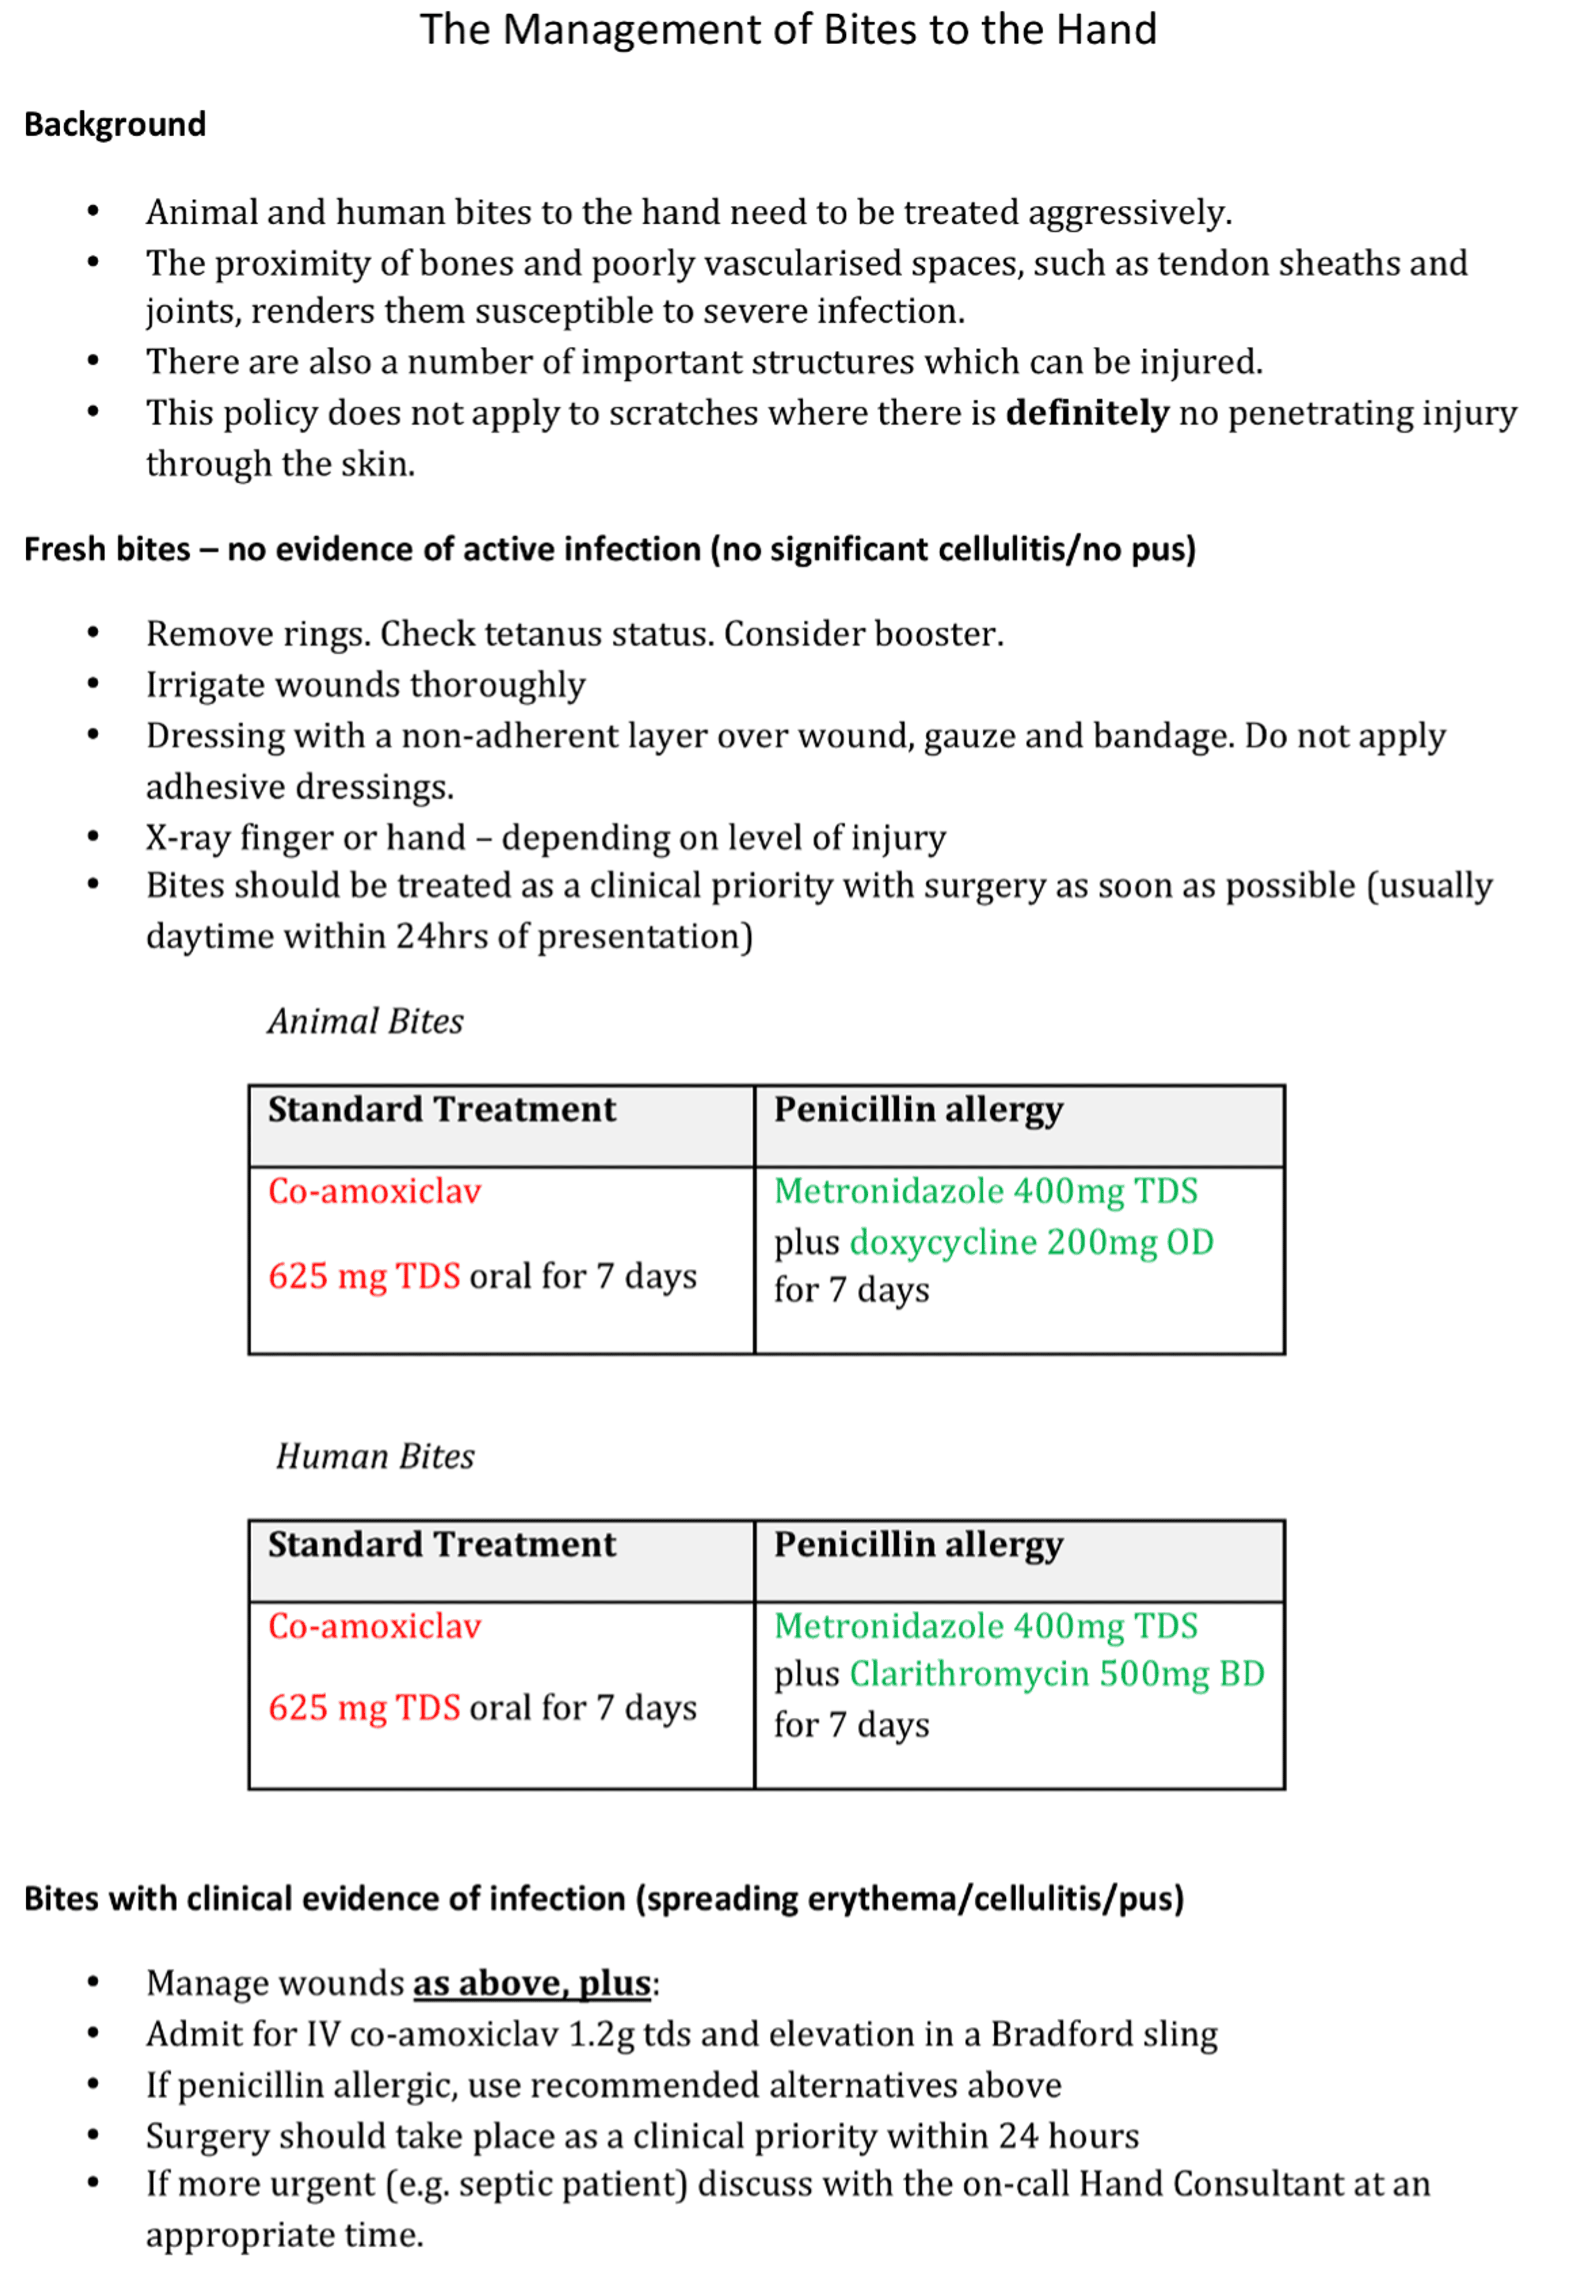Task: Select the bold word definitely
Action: pyautogui.click(x=1087, y=413)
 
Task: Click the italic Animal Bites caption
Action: pyautogui.click(x=365, y=1022)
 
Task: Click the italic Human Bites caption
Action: pyautogui.click(x=375, y=1457)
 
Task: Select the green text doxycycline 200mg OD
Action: pyautogui.click(x=1030, y=1243)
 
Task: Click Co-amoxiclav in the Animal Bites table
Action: pyautogui.click(x=375, y=1191)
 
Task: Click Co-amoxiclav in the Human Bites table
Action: pyautogui.click(x=375, y=1626)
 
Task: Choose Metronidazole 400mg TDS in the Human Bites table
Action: pyautogui.click(x=985, y=1626)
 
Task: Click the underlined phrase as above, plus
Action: pyautogui.click(x=531, y=1984)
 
